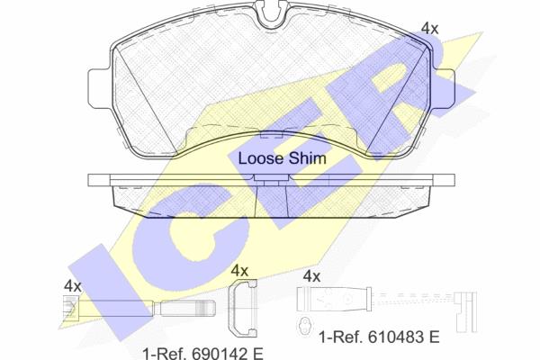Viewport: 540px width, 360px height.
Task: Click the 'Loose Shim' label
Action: pos(282,158)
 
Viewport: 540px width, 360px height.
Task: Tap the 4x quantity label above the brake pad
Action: pos(430,29)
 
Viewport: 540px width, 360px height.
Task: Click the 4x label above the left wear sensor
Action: pos(72,286)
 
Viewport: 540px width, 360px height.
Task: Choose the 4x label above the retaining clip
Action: pos(239,270)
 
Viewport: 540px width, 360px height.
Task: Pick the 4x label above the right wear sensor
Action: pos(311,276)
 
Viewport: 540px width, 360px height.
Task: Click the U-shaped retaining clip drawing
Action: pos(243,308)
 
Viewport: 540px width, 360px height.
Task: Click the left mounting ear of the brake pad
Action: pos(100,88)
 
